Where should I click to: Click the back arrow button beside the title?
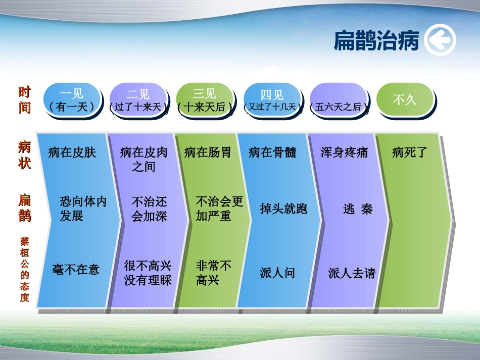(x=440, y=41)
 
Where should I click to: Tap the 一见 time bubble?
(x=72, y=100)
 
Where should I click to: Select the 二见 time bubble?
(x=138, y=100)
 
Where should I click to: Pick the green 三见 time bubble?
(x=205, y=100)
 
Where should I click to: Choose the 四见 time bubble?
(x=272, y=100)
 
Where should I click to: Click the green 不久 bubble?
(x=405, y=99)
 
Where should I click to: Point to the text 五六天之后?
(x=339, y=107)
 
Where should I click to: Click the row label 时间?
(x=25, y=100)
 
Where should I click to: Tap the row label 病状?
(x=25, y=155)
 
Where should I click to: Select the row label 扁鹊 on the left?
(x=25, y=208)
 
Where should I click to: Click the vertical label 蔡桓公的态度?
(x=25, y=270)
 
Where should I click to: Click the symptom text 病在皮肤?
(x=72, y=152)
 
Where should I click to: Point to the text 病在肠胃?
(x=208, y=152)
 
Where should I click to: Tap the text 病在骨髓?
(x=272, y=152)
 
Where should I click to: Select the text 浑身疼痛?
(x=344, y=152)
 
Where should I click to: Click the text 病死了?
(x=410, y=152)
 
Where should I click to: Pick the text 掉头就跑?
(x=283, y=209)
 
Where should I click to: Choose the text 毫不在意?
(x=76, y=269)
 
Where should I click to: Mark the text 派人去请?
(x=352, y=273)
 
